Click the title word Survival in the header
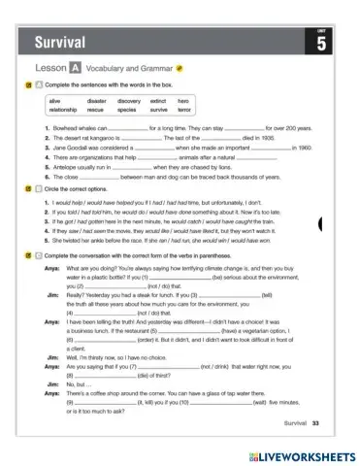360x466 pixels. [x=59, y=42]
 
